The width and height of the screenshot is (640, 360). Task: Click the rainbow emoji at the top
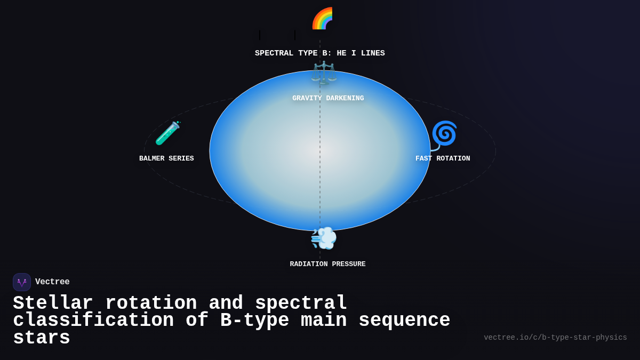point(323,19)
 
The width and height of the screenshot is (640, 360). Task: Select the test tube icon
point(167,133)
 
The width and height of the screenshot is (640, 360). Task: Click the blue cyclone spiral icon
point(444,134)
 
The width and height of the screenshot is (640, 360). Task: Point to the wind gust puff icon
point(324,238)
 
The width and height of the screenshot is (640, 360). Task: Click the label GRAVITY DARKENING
point(328,99)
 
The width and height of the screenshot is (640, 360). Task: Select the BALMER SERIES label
point(166,159)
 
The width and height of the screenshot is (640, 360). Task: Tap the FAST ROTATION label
point(443,159)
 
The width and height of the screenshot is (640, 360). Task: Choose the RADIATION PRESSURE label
point(327,265)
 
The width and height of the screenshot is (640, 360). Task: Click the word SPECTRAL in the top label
point(274,53)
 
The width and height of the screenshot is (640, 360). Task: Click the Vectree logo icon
point(22,282)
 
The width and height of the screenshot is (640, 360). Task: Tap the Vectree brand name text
point(52,282)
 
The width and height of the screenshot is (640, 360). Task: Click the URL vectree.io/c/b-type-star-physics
point(555,338)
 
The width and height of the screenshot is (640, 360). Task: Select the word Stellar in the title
point(53,303)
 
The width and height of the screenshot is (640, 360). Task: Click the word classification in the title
point(93,321)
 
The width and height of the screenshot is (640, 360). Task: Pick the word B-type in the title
point(254,321)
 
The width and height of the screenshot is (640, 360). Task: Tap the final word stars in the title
point(42,338)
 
